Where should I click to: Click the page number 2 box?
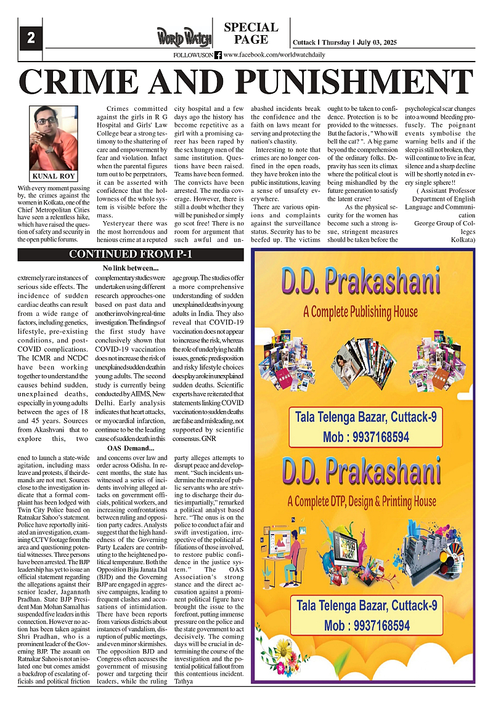30,39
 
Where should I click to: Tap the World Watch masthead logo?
184,38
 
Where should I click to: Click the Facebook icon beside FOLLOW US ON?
218,55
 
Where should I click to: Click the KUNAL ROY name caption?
54,176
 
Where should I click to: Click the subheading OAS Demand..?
131,448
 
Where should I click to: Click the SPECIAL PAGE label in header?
251,33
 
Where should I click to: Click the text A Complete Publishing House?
361,312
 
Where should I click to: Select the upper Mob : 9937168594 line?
366,437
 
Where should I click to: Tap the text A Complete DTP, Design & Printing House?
365,501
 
